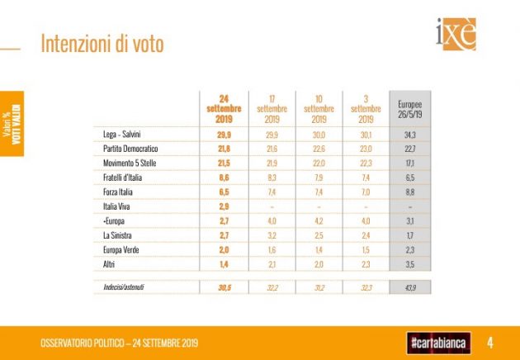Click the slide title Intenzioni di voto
tap(102, 45)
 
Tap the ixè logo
tap(455, 34)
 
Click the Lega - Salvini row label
tap(121, 134)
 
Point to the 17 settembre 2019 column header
tap(272, 109)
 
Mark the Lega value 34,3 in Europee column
tap(409, 134)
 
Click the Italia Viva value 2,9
tap(224, 207)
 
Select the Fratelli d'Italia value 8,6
tap(224, 178)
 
